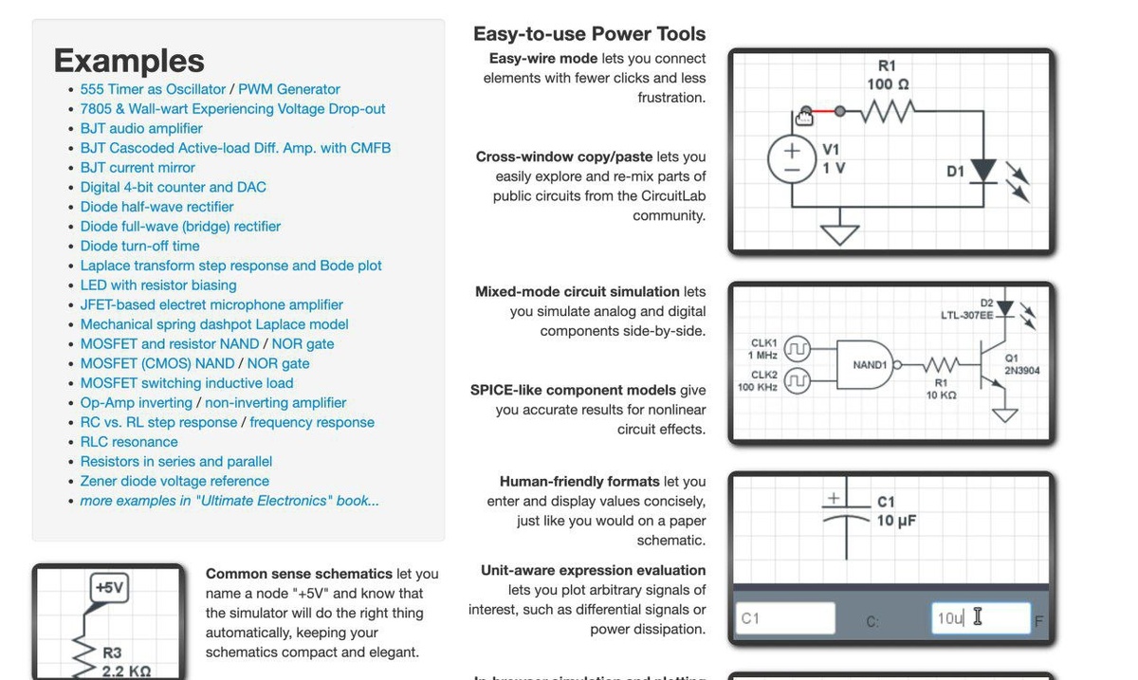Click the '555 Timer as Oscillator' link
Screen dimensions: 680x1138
tap(153, 89)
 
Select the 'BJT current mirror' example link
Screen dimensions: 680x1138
tap(138, 168)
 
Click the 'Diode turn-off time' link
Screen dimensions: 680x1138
tap(139, 246)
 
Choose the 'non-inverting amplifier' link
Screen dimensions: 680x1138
tap(275, 402)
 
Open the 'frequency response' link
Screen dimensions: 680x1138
tap(311, 422)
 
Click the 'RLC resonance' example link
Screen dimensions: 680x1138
tap(129, 442)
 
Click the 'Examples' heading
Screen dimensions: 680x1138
tap(129, 61)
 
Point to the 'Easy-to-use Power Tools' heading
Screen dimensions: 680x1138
tap(589, 34)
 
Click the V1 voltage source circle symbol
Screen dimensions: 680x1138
tap(791, 159)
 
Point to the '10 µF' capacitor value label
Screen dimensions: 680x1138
tap(895, 521)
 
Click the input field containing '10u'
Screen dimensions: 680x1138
tap(980, 618)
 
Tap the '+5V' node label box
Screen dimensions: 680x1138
tap(109, 588)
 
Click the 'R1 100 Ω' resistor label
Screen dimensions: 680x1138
tap(887, 75)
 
